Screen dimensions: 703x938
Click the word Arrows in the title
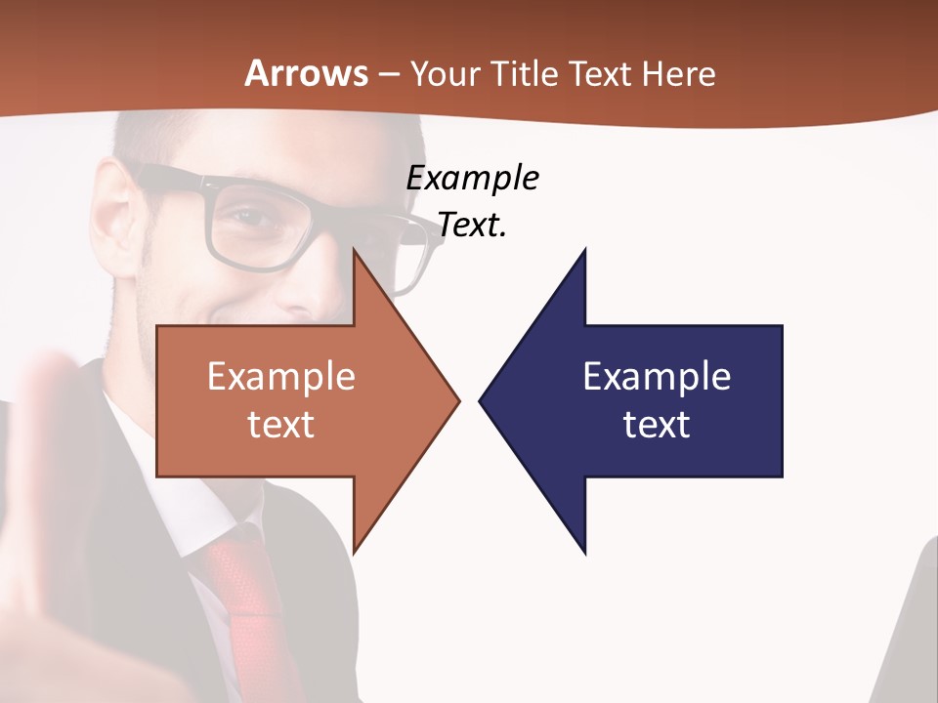[307, 73]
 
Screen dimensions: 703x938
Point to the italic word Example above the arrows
[472, 179]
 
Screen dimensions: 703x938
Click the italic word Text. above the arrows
[472, 226]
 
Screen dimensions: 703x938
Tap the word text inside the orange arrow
[281, 425]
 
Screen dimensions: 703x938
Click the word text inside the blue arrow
[657, 425]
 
